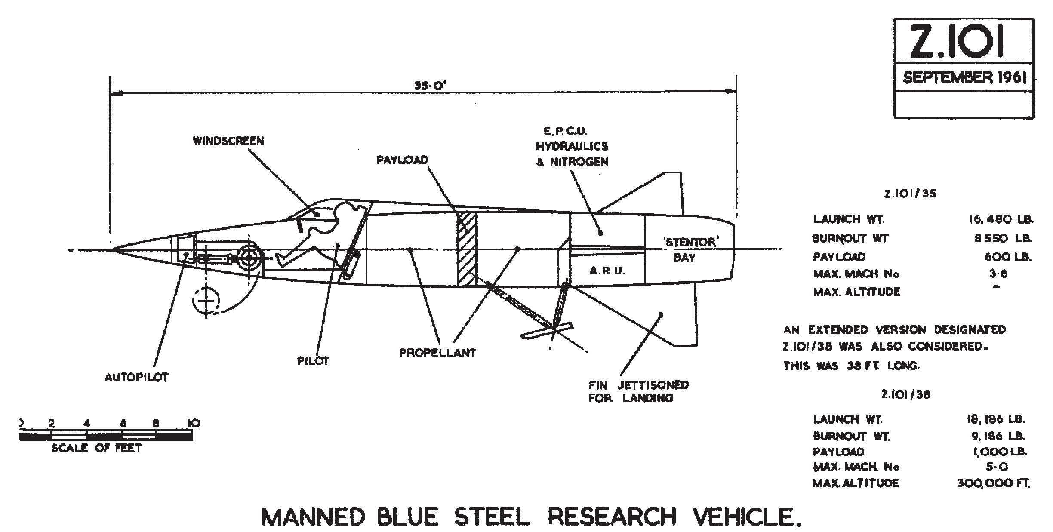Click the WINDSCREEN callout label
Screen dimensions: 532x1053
(228, 141)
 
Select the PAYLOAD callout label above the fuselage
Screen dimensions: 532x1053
(403, 160)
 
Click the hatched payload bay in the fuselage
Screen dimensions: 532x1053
(467, 249)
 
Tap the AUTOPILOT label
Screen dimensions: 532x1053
(137, 377)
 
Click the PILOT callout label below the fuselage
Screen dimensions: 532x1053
(313, 361)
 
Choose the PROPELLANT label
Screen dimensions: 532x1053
(437, 353)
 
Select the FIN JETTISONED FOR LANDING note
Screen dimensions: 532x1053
(638, 391)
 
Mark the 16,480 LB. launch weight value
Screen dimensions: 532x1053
(999, 219)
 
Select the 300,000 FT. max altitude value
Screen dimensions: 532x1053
(994, 483)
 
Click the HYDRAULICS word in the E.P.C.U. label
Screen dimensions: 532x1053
(572, 146)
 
